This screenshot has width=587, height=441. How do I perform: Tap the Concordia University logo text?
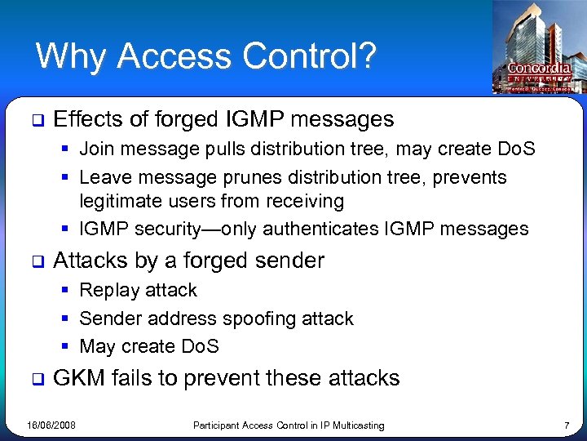click(539, 69)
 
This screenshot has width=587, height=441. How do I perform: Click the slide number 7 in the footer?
click(567, 425)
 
